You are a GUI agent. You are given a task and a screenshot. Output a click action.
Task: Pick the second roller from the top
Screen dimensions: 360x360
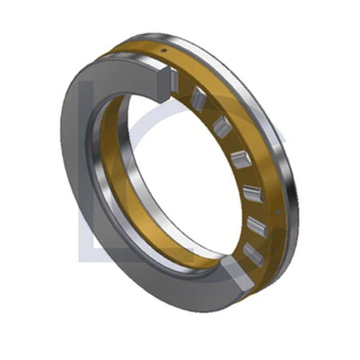click(x=198, y=99)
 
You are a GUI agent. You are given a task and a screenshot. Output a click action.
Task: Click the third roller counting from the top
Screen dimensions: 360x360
click(x=221, y=126)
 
